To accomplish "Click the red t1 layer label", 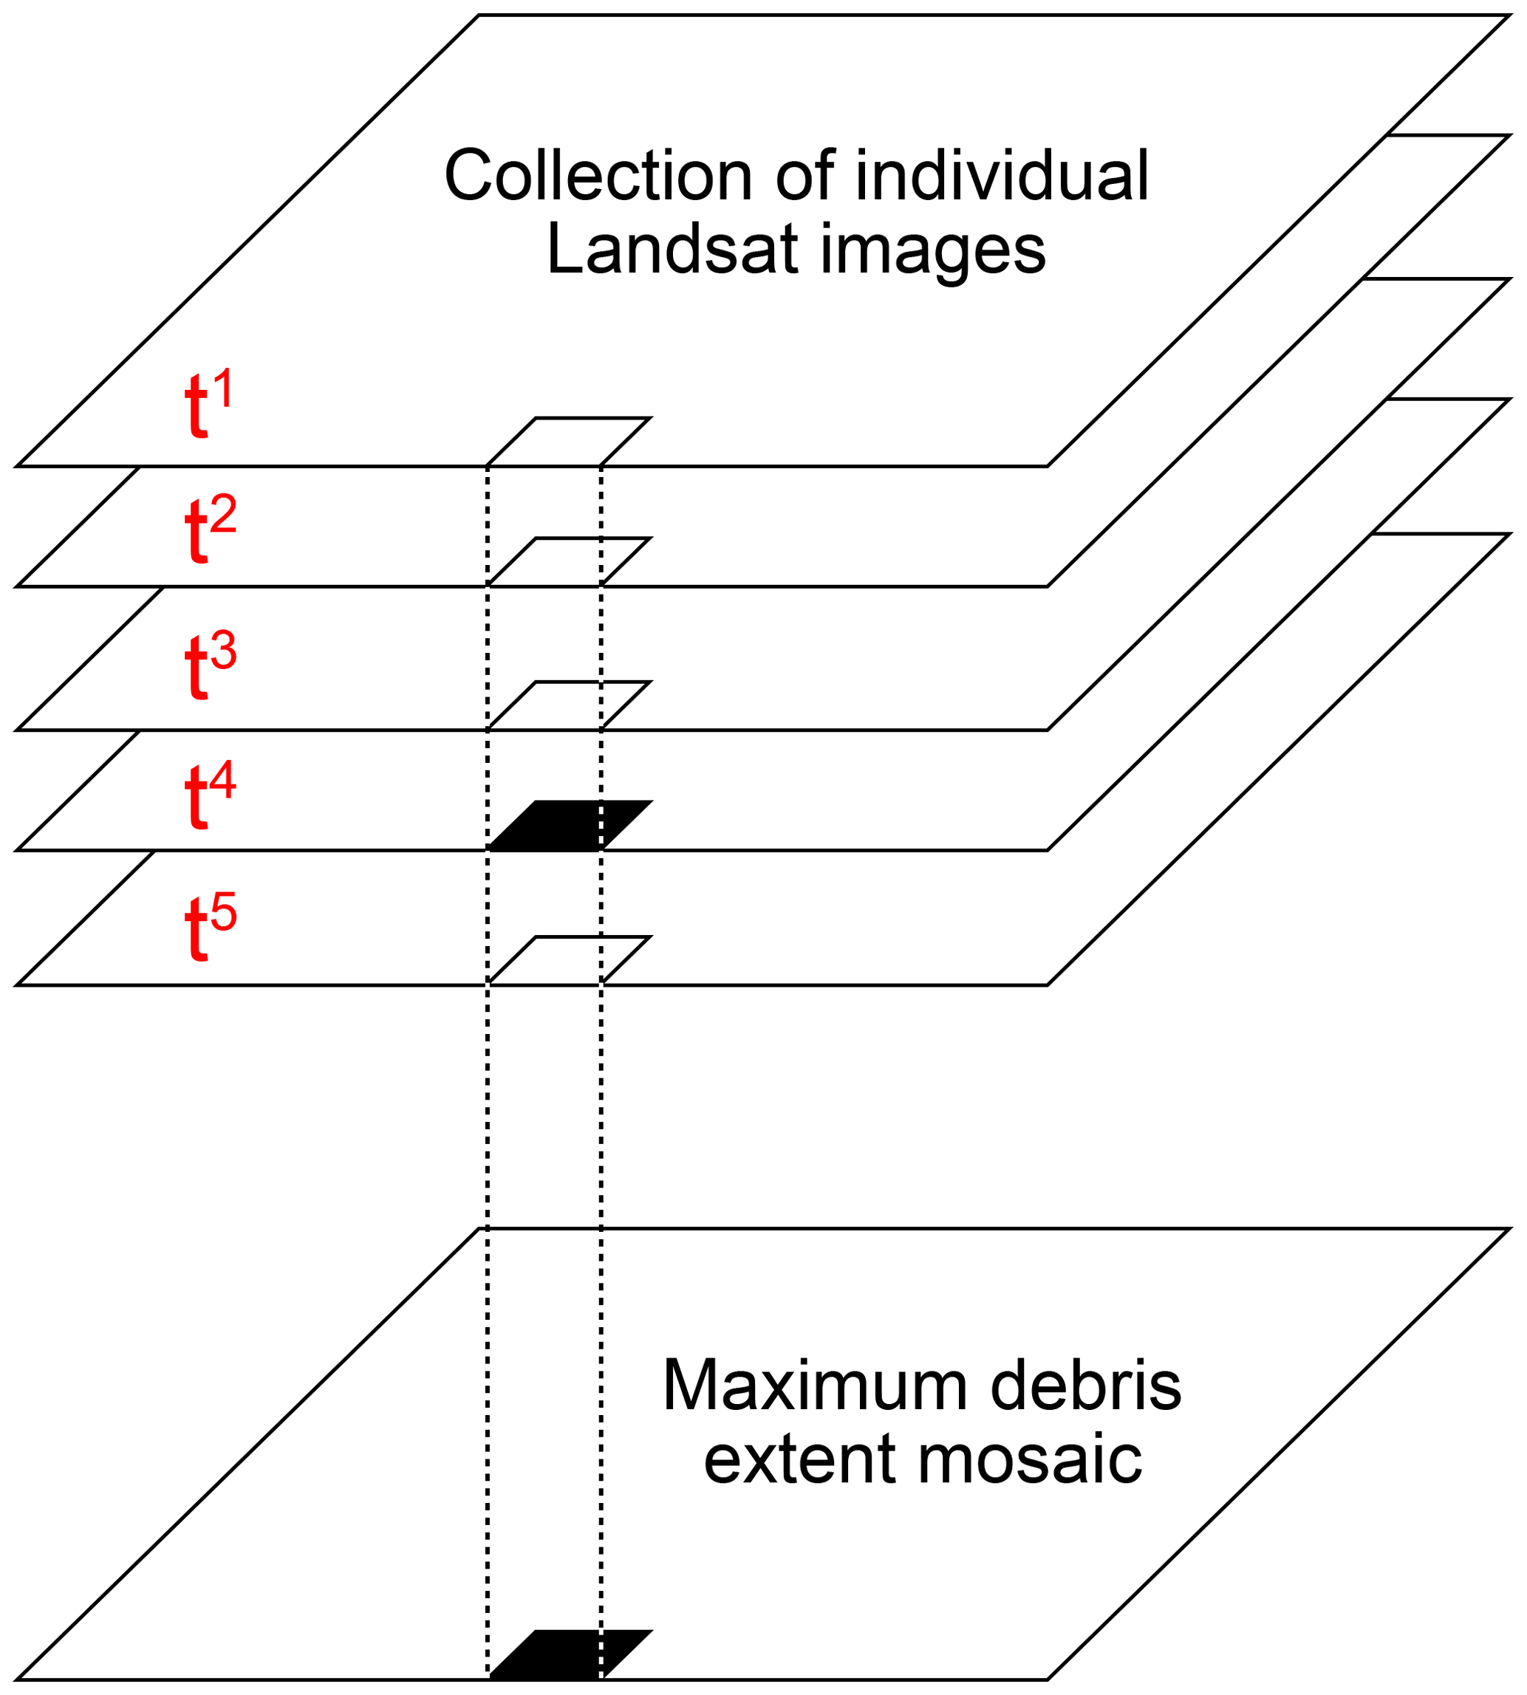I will [x=208, y=403].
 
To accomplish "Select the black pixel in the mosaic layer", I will [x=570, y=1654].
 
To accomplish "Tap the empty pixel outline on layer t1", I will [x=570, y=441].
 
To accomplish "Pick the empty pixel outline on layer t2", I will [x=570, y=562].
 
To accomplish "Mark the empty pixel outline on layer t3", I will [x=570, y=705].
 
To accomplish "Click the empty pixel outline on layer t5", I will [x=570, y=960].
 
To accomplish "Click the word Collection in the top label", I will [x=598, y=176].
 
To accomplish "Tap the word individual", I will [x=1002, y=176].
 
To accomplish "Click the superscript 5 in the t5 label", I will [x=224, y=911].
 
